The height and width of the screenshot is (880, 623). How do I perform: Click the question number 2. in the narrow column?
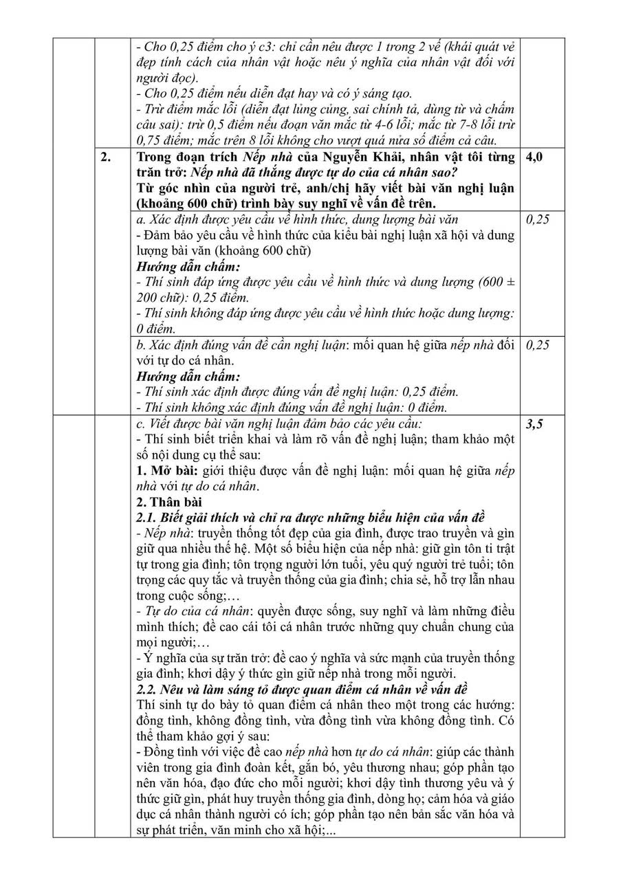106,157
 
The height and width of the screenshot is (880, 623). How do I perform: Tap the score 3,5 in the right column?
534,425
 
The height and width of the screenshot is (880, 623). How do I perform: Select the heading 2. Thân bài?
169,501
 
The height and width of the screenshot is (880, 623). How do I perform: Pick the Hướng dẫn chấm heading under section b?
188,376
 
